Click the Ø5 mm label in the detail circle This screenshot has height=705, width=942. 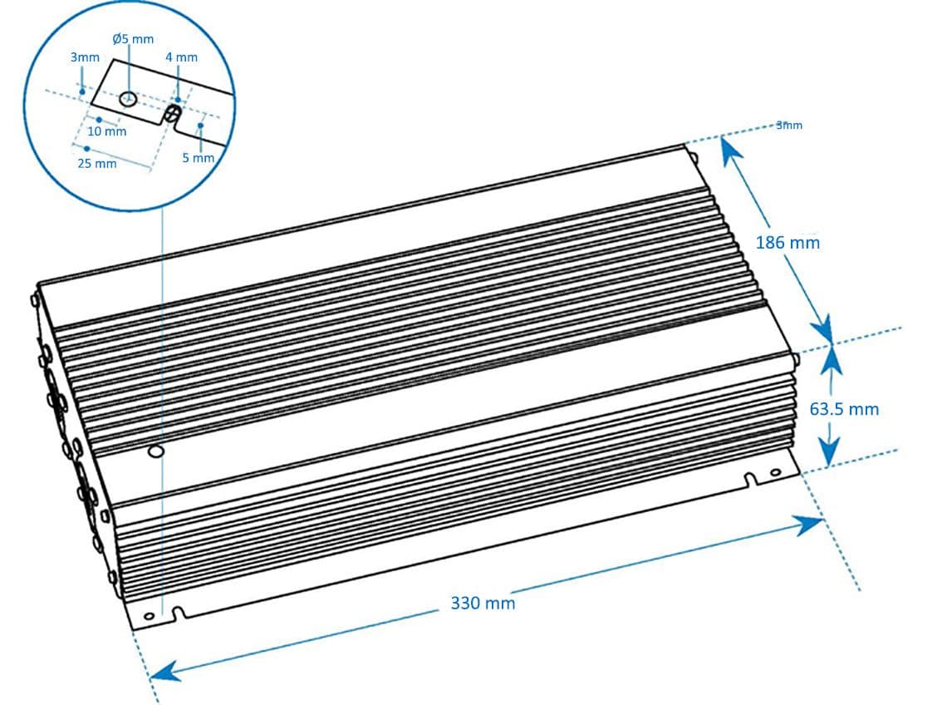133,39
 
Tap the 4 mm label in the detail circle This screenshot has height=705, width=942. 181,57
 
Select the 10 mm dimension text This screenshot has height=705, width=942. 107,131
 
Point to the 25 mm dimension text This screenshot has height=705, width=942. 97,164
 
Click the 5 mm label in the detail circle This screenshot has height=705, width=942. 198,158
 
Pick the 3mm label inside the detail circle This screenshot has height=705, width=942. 85,57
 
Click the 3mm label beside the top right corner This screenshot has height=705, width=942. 789,126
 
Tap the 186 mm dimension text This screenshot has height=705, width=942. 787,243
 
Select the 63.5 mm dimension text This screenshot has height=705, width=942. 844,408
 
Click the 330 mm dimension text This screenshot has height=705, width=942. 483,603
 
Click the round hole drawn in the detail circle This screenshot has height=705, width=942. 127,99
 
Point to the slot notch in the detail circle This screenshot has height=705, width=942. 174,111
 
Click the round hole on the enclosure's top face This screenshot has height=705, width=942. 154,452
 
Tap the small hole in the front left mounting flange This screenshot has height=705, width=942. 149,616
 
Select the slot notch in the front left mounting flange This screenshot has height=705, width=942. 178,614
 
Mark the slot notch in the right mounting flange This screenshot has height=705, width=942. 750,480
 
